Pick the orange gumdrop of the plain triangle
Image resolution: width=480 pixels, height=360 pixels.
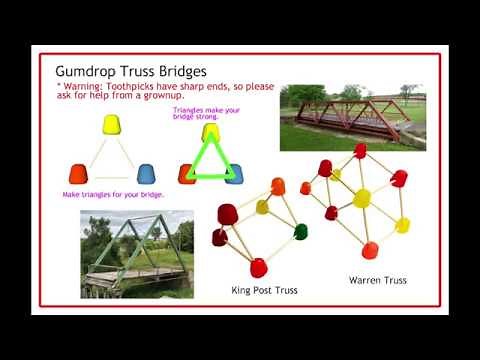click(x=78, y=172)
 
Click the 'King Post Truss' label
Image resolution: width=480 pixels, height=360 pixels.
click(x=257, y=290)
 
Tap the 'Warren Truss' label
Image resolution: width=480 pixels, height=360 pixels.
click(x=377, y=280)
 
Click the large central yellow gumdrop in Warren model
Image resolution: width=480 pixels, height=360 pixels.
click(x=361, y=197)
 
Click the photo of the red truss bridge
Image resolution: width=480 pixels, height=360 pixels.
click(x=352, y=116)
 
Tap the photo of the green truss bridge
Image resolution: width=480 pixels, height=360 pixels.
click(x=136, y=253)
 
